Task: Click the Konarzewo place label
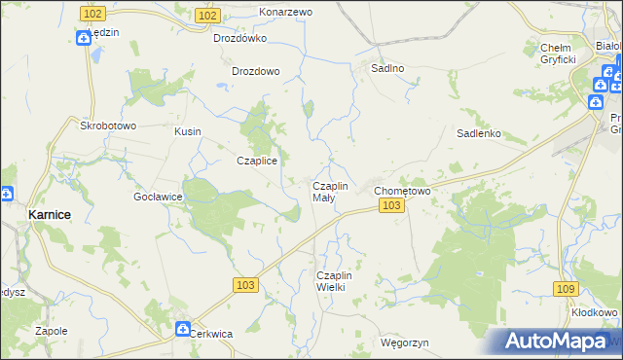click(x=285, y=12)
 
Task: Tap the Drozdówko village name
click(x=240, y=39)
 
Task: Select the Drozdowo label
click(x=256, y=71)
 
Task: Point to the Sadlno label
click(x=388, y=69)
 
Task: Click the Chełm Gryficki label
click(x=559, y=54)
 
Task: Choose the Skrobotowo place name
click(x=108, y=126)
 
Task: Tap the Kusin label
click(x=187, y=131)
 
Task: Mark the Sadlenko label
click(x=479, y=134)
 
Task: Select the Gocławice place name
click(x=159, y=197)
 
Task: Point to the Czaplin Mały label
click(x=329, y=192)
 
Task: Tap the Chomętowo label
click(x=403, y=191)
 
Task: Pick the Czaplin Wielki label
click(x=339, y=281)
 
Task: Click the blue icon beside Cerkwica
click(x=182, y=330)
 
